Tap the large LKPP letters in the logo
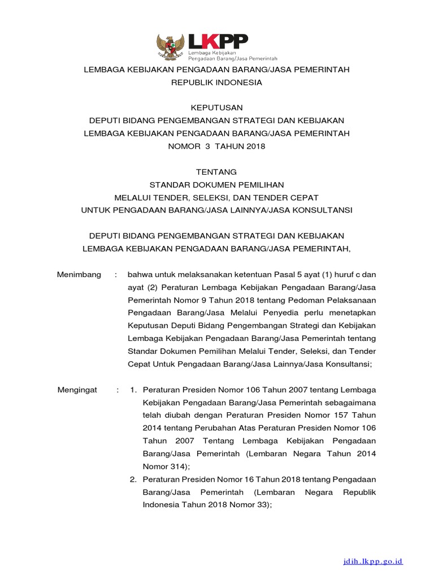[x=218, y=42]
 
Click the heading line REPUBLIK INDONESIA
[x=216, y=82]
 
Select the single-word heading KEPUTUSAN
[x=216, y=107]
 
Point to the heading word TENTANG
[x=216, y=171]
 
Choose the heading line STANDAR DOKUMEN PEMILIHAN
[x=216, y=184]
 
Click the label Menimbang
[x=79, y=275]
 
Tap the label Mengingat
[x=78, y=390]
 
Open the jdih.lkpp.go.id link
[x=374, y=561]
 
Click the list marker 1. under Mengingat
[x=133, y=390]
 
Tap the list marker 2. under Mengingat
[x=133, y=479]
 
